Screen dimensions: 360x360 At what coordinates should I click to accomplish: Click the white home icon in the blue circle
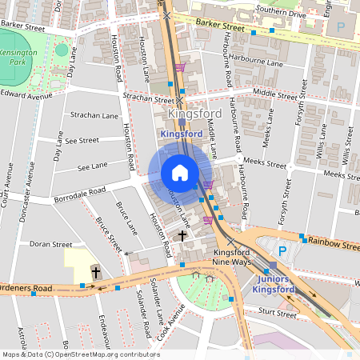coord(180,173)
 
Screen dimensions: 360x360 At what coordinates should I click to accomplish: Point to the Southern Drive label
coord(275,12)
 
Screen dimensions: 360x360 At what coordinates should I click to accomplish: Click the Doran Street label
coord(50,244)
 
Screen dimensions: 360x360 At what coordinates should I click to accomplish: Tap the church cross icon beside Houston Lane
coord(182,236)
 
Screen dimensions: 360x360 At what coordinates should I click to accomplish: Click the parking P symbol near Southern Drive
coord(341,26)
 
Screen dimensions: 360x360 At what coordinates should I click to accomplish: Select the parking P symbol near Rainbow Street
coord(282,250)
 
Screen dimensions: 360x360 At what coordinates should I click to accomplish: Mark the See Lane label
coord(93,166)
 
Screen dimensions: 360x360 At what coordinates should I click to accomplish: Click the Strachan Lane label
coord(89,115)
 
